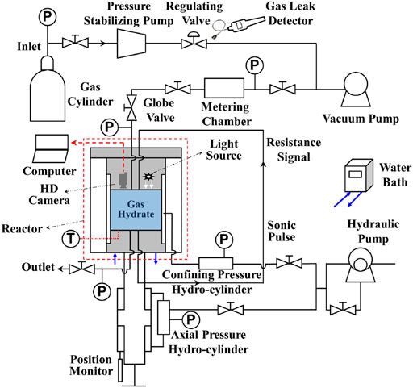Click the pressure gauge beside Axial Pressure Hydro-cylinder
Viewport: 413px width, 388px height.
[x=191, y=319]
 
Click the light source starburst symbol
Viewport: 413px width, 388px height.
[x=148, y=175]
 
